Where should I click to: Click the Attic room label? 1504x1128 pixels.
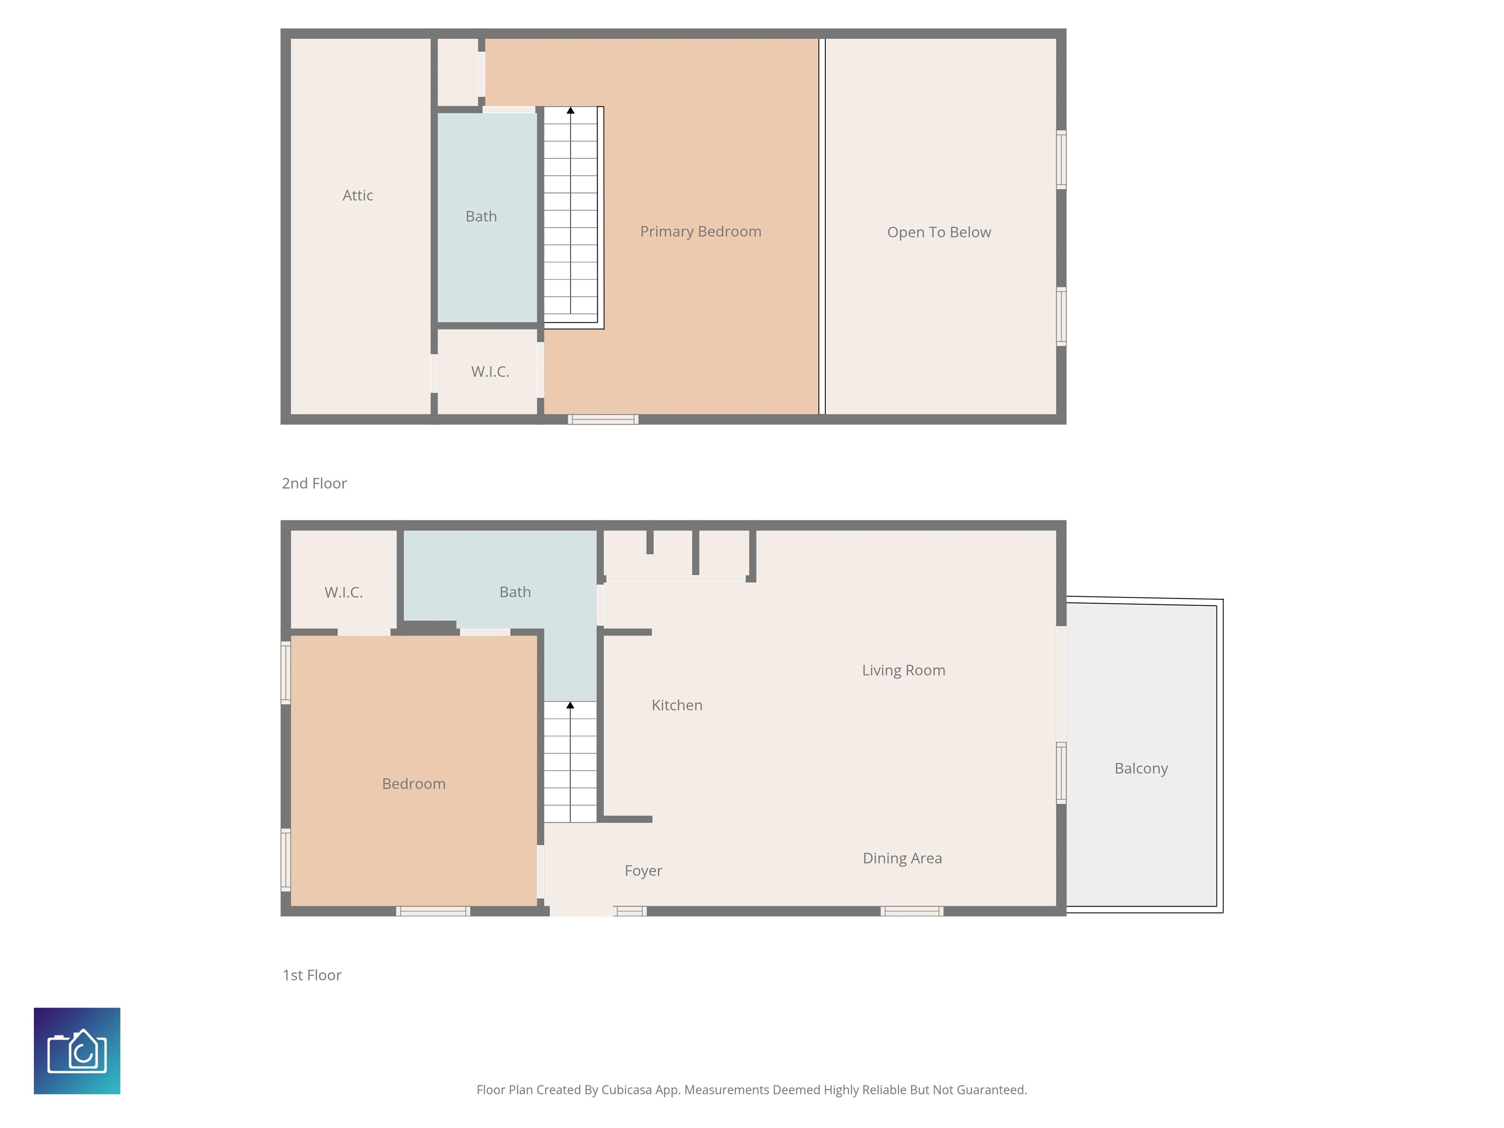(358, 196)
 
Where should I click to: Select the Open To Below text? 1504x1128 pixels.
(939, 233)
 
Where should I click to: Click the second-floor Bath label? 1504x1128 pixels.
(481, 217)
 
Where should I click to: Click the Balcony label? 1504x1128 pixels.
(1141, 768)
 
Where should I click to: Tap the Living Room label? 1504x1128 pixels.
(903, 670)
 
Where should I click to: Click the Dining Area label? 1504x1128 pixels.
(902, 858)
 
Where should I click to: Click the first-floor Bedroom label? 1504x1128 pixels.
(413, 784)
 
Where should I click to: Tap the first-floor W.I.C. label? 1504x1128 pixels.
(343, 592)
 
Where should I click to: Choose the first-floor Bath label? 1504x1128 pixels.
(515, 592)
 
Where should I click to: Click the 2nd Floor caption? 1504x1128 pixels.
(314, 483)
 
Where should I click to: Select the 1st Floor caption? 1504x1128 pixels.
(311, 975)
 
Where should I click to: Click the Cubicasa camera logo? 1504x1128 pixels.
(77, 1051)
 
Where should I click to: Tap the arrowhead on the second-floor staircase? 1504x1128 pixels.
(570, 110)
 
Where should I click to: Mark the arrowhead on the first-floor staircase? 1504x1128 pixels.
(570, 705)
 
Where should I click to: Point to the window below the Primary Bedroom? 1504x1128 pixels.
(603, 420)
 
